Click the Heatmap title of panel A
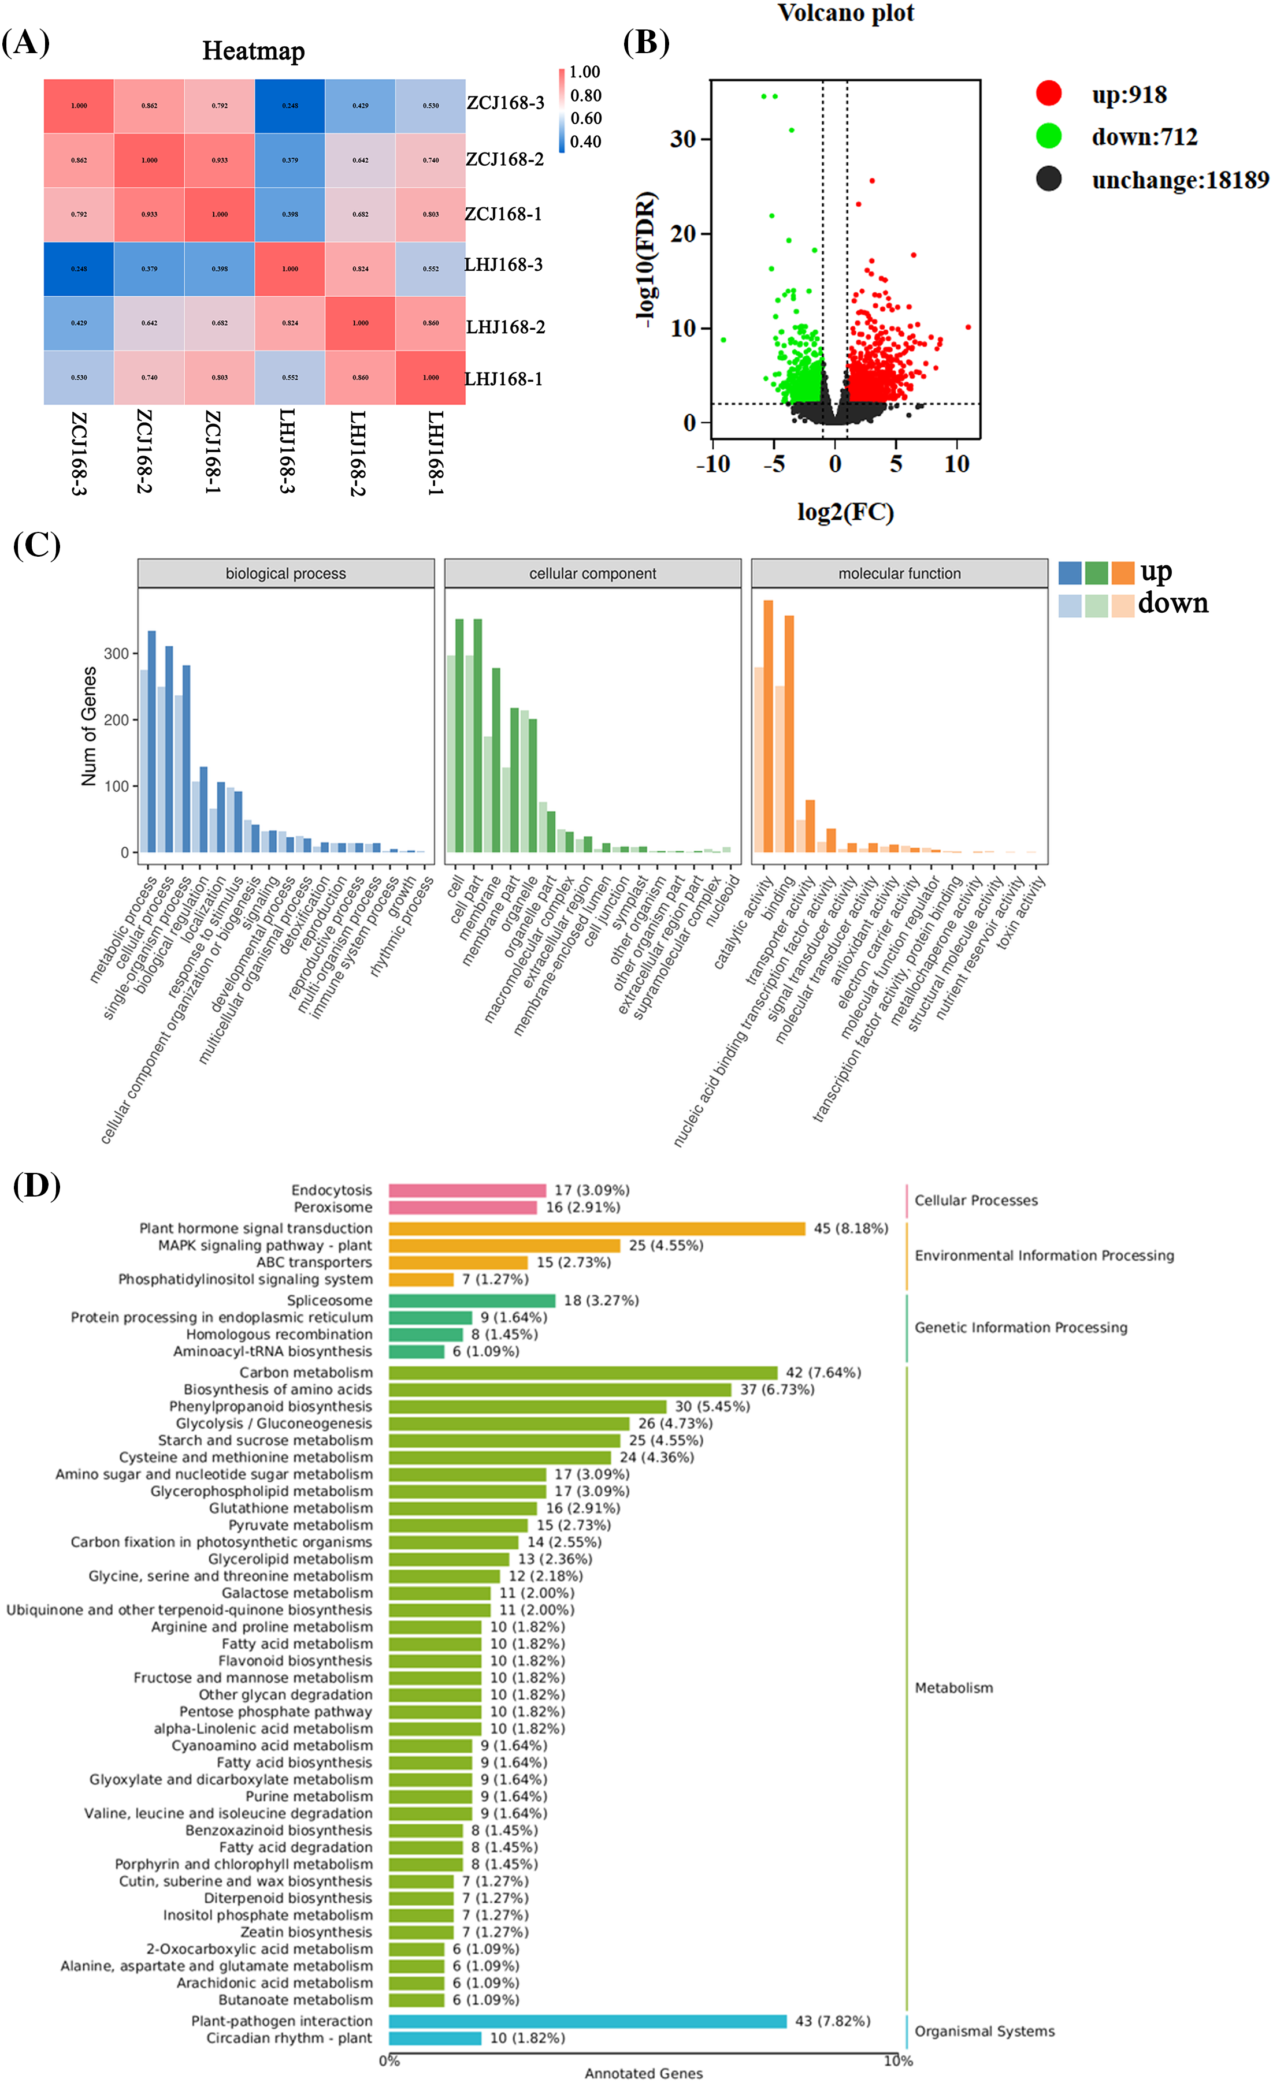click(x=253, y=51)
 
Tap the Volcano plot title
click(x=845, y=13)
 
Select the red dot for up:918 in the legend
click(x=1049, y=93)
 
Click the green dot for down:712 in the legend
click(x=1049, y=135)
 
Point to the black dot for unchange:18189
click(x=1049, y=178)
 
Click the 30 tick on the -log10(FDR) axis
click(x=682, y=139)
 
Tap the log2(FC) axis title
click(x=845, y=512)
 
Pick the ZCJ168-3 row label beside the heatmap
click(x=505, y=103)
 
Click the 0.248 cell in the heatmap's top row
click(x=290, y=106)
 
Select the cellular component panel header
click(x=592, y=573)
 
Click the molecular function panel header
click(x=899, y=573)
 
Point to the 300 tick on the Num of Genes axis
click(x=116, y=654)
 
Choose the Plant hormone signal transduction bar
click(x=596, y=1228)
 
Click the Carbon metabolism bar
click(x=583, y=1373)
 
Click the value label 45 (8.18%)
click(x=850, y=1228)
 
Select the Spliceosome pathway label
click(x=329, y=1300)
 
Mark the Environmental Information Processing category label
click(x=1044, y=1255)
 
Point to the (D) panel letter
click(x=36, y=1186)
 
